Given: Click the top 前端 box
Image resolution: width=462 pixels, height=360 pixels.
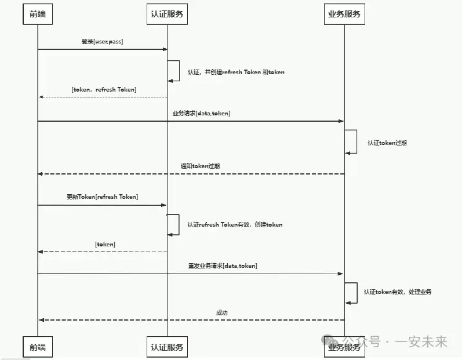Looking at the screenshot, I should pyautogui.click(x=38, y=14).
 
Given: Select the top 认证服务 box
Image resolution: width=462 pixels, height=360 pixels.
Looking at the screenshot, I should pyautogui.click(x=167, y=14).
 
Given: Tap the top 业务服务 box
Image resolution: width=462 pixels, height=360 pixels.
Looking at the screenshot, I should pyautogui.click(x=344, y=14).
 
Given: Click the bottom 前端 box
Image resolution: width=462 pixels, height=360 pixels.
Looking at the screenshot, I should pyautogui.click(x=38, y=347).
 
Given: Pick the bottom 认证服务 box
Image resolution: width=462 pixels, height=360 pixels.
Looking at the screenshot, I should pyautogui.click(x=167, y=347).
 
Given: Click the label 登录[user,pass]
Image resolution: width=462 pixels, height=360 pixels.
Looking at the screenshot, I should pyautogui.click(x=102, y=42).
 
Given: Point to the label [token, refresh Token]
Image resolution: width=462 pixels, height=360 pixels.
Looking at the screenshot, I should pyautogui.click(x=104, y=89).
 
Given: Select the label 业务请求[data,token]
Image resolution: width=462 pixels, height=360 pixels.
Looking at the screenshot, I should pyautogui.click(x=201, y=114).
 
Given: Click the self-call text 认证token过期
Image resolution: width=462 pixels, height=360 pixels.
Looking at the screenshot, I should pyautogui.click(x=387, y=143).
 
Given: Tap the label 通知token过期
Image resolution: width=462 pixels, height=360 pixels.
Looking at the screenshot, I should pyautogui.click(x=200, y=166).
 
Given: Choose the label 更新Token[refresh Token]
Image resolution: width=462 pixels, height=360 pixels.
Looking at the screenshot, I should pyautogui.click(x=102, y=197).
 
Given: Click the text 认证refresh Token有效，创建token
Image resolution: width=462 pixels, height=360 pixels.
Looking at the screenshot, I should pyautogui.click(x=235, y=224).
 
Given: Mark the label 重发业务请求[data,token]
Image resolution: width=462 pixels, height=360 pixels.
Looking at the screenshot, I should pyautogui.click(x=223, y=266).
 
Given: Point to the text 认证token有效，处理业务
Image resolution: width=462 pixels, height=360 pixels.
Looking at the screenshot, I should pyautogui.click(x=398, y=292).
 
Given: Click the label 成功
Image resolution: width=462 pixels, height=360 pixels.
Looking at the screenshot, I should pyautogui.click(x=222, y=313).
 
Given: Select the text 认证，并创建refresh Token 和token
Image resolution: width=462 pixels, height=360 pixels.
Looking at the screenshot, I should pyautogui.click(x=236, y=72).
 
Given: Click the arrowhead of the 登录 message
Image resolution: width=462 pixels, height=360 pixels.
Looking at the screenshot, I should pyautogui.click(x=165, y=49).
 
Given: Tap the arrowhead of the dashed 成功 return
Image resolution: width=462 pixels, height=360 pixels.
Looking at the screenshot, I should pyautogui.click(x=41, y=320).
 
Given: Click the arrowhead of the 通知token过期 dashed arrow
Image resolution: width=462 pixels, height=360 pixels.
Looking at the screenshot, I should pyautogui.click(x=41, y=174).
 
